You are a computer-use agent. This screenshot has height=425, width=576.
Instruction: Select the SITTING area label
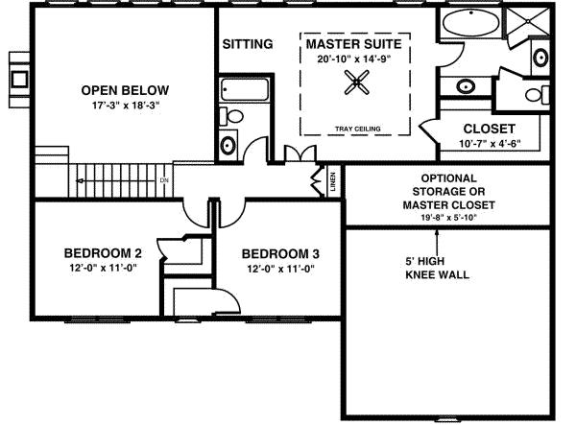coord(248,44)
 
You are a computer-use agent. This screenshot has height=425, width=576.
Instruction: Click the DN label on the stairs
coord(164,180)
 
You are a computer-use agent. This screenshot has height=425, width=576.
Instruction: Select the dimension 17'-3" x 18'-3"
coord(119,106)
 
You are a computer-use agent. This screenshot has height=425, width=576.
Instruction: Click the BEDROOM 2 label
coord(103,253)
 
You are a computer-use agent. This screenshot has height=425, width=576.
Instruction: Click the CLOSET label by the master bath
coord(489,130)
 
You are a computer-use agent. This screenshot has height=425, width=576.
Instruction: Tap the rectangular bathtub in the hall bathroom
coord(236,91)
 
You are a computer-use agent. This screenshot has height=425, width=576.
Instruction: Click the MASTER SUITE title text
coord(353,44)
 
